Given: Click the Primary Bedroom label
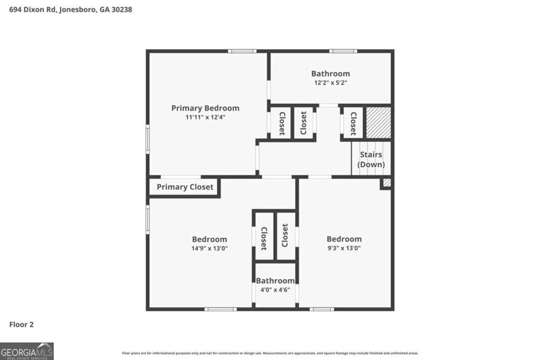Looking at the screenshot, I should (x=205, y=108).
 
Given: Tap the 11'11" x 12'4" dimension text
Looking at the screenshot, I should (x=205, y=117).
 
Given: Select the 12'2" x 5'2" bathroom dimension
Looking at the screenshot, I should (x=330, y=83).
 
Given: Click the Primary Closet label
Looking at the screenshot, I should (x=185, y=187).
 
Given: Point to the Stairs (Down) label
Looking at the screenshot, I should (x=371, y=159).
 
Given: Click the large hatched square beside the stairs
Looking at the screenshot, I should (x=378, y=122).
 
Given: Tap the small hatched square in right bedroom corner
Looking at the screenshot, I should (x=387, y=182).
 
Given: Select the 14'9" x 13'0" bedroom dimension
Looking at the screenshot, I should (x=209, y=248).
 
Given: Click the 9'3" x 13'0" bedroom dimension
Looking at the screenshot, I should (x=344, y=248).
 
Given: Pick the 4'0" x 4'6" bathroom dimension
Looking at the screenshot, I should (x=275, y=289).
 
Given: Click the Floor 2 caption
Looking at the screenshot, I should (x=22, y=325).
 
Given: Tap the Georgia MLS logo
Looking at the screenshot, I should (x=26, y=351).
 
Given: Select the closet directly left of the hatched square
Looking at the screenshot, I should (x=353, y=123).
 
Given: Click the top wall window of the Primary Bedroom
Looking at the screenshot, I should (x=242, y=51).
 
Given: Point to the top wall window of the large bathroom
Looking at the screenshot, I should (x=343, y=51).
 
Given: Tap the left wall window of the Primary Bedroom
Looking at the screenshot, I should (x=148, y=139).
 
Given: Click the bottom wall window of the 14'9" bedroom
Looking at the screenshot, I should (x=220, y=309).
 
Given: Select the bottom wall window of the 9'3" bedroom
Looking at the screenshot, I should (x=322, y=309).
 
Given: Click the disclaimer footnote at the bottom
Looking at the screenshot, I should (x=270, y=353).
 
